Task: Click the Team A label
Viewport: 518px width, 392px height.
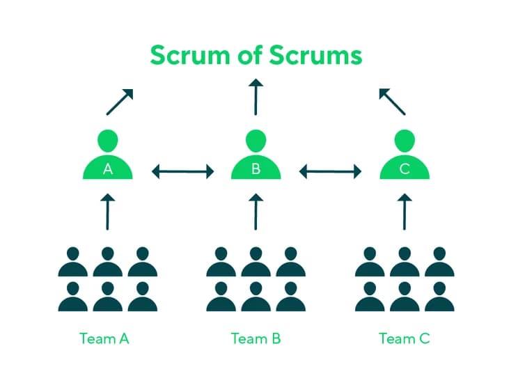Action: (x=104, y=339)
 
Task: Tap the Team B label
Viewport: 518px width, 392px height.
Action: (x=256, y=339)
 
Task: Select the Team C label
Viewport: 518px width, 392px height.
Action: (x=405, y=339)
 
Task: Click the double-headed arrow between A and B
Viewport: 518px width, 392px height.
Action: (x=182, y=171)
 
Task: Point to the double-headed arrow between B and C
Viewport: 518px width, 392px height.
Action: (x=331, y=171)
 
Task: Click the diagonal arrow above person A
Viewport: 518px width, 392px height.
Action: (x=120, y=102)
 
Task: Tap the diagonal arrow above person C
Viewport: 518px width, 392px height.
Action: (x=392, y=102)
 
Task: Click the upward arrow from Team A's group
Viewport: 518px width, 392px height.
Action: (x=107, y=212)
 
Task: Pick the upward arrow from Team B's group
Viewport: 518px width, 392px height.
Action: (x=256, y=212)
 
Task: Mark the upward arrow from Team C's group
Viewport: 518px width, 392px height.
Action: (x=405, y=212)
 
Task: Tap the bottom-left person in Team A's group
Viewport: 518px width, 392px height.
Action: (x=72, y=297)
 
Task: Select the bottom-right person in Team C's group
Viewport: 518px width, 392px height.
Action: (x=439, y=297)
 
